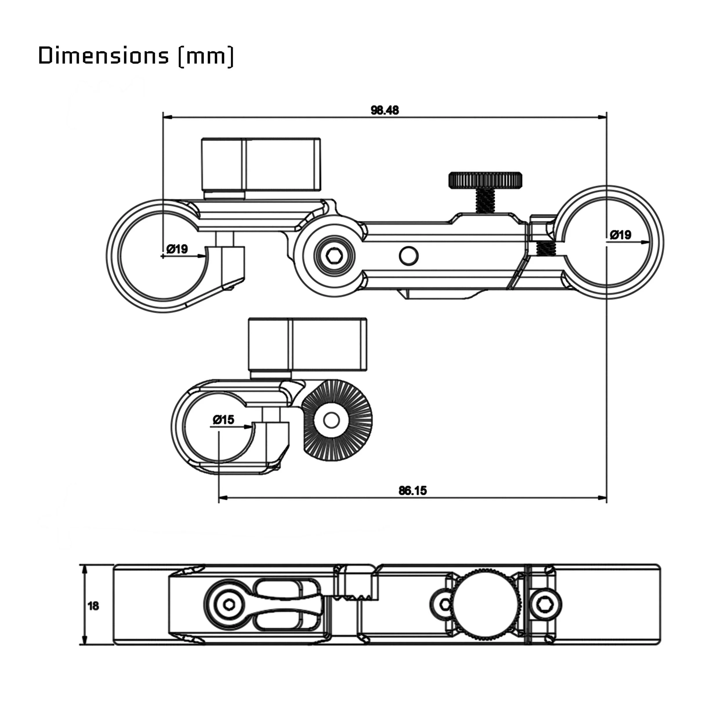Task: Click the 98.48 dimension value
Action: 385,110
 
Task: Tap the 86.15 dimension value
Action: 412,490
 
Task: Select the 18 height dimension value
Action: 93,606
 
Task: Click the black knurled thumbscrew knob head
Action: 485,180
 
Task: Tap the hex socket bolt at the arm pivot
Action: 333,257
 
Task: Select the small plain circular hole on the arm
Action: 409,255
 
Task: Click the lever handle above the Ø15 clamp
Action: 308,344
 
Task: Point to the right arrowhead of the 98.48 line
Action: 603,117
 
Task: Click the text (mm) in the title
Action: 206,56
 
